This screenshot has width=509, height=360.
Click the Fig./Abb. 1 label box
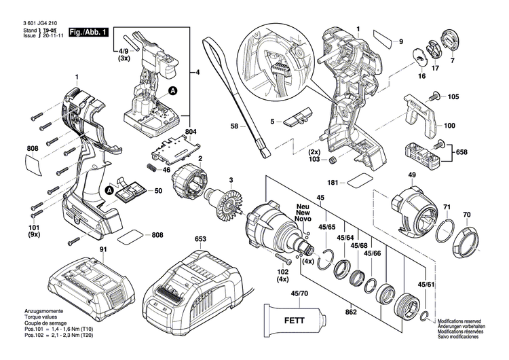pyautogui.click(x=89, y=31)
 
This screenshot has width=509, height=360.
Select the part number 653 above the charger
pyautogui.click(x=200, y=239)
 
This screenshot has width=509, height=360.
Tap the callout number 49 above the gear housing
pyautogui.click(x=412, y=175)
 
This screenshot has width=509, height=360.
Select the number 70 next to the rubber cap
pyautogui.click(x=466, y=215)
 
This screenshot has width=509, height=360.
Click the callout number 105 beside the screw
pyautogui.click(x=453, y=96)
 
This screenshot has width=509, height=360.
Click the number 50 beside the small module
pyautogui.click(x=159, y=192)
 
